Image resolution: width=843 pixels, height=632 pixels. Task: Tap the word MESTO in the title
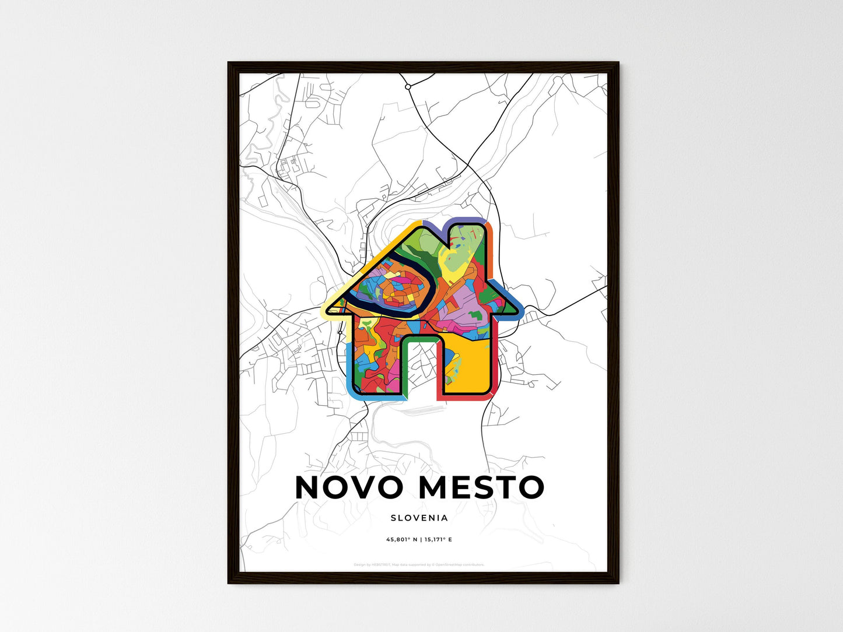click(x=481, y=487)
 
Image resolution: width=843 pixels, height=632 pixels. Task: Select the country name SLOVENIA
click(x=419, y=518)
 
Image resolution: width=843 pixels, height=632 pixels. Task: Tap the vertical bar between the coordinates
click(x=419, y=539)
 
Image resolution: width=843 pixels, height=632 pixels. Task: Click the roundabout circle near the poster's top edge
click(x=408, y=86)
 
